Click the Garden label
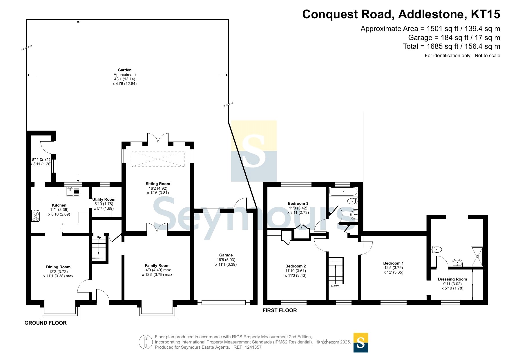point(125,70)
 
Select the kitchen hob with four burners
point(36,216)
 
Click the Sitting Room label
point(158,184)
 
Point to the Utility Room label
point(104,199)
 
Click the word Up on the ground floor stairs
point(99,237)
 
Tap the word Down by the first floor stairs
point(335,286)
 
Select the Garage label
point(226,255)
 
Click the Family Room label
point(157,265)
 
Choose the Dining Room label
point(58,267)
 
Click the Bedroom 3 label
point(298,203)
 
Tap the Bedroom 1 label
point(394,263)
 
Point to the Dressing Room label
point(452,279)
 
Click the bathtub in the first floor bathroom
point(343,191)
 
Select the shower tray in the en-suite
point(477,256)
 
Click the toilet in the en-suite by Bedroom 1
point(436,249)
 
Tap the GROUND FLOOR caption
point(46,323)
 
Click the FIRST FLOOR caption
point(280,310)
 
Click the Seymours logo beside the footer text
point(361,343)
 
